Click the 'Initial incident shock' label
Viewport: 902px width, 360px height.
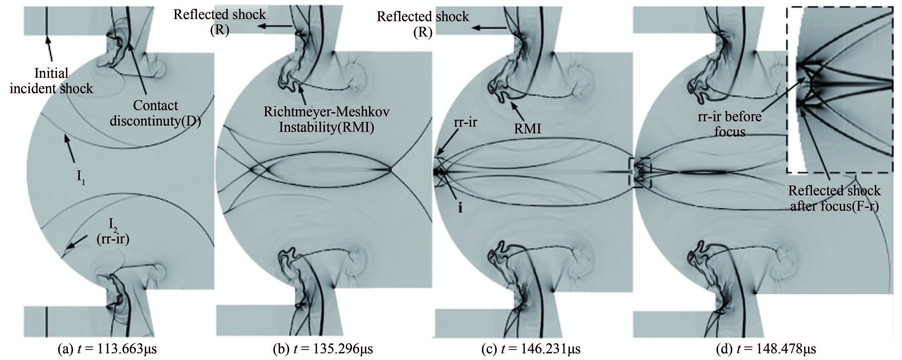click(51, 81)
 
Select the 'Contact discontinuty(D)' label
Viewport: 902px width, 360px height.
click(155, 113)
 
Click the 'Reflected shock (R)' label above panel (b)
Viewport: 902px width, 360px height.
click(220, 22)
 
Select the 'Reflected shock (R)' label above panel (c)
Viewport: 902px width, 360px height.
click(423, 24)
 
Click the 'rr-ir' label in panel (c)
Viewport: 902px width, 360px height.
click(465, 122)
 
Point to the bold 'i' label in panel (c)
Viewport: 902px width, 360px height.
click(460, 208)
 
